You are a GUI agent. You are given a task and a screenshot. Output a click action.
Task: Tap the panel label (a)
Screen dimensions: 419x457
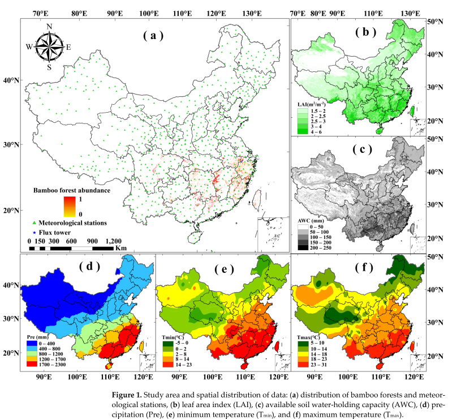(x=153, y=35)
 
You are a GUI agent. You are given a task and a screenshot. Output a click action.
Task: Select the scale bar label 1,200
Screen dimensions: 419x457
(x=113, y=241)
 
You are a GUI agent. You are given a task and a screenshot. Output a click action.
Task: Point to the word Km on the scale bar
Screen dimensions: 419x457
(x=120, y=248)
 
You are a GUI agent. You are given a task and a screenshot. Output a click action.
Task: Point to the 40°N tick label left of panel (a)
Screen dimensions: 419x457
(x=10, y=80)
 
